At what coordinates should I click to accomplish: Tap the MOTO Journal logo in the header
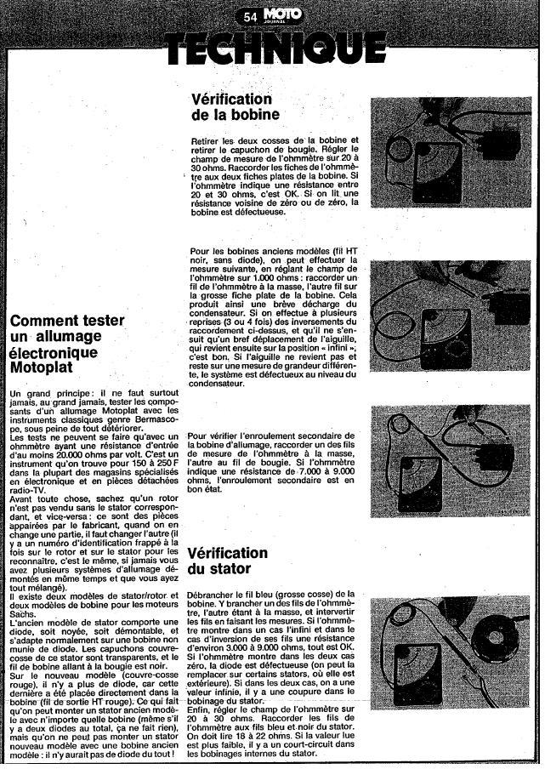pos(277,14)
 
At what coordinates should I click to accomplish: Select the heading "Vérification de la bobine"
pos(236,107)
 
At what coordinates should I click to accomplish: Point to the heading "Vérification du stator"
pos(228,560)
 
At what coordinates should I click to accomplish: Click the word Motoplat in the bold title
pos(43,367)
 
